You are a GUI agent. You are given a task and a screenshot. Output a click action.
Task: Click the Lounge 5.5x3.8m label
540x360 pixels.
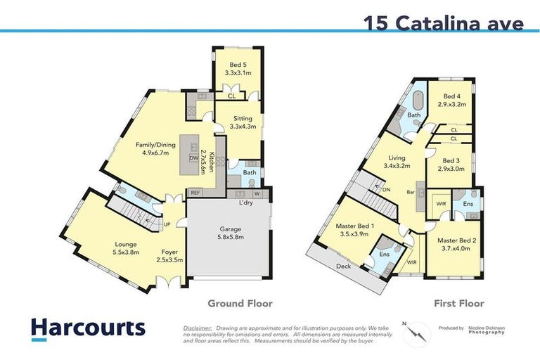coord(127,247)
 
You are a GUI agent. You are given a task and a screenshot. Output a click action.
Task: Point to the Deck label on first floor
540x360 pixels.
coord(343,267)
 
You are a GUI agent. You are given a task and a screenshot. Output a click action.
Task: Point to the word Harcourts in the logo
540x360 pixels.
coord(88,328)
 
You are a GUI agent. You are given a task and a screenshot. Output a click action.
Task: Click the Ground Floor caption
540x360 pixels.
coord(239,304)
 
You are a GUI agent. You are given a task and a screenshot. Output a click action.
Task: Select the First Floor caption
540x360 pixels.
coord(458,304)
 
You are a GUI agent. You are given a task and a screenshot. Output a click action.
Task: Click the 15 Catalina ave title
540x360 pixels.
coord(443,22)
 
